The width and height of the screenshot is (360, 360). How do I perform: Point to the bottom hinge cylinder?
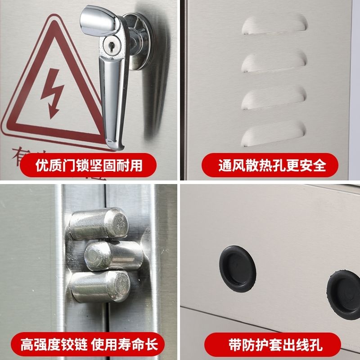pos(101,285)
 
